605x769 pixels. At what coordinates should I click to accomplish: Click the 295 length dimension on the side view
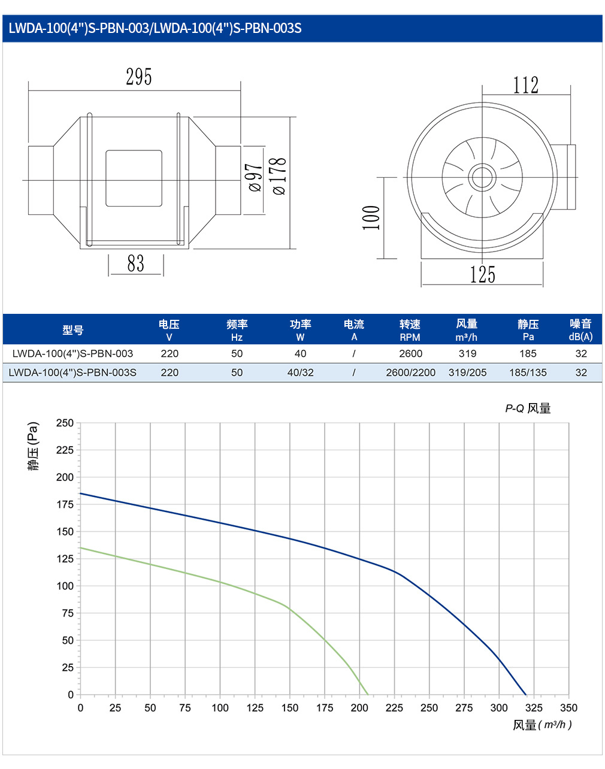coord(138,77)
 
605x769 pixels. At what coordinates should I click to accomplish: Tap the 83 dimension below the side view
coord(136,264)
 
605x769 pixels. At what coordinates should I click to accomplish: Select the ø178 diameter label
coord(280,176)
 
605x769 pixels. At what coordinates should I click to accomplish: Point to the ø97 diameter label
coord(256,177)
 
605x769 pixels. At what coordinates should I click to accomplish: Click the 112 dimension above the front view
coord(526,85)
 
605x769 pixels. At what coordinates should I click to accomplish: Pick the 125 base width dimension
coord(482,275)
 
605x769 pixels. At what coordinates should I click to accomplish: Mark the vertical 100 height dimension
coord(371,217)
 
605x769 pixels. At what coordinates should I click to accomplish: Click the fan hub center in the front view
coord(482,177)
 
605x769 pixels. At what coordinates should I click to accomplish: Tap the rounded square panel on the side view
coord(134,178)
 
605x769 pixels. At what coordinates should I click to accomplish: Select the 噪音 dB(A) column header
coord(580,330)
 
